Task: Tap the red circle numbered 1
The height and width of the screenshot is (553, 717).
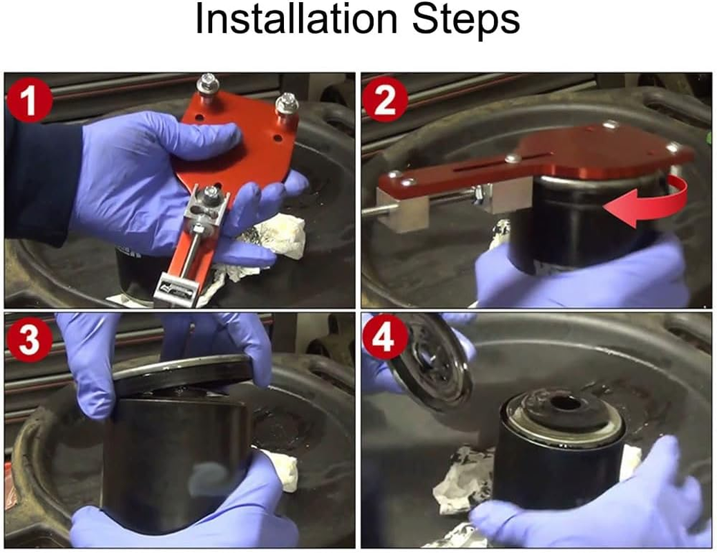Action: pos(29,100)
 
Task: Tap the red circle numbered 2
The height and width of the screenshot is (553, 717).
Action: pos(385,99)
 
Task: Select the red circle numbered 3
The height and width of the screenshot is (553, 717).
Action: pos(29,339)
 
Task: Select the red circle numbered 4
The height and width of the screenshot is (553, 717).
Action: pos(385,338)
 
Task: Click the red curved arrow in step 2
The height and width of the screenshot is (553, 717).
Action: pos(649,200)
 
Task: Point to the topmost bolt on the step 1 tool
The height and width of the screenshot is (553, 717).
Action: pos(207,85)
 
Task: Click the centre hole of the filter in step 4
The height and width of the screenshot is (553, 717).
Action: pos(564,404)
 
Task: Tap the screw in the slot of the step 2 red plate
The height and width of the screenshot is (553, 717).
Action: pos(513,158)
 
